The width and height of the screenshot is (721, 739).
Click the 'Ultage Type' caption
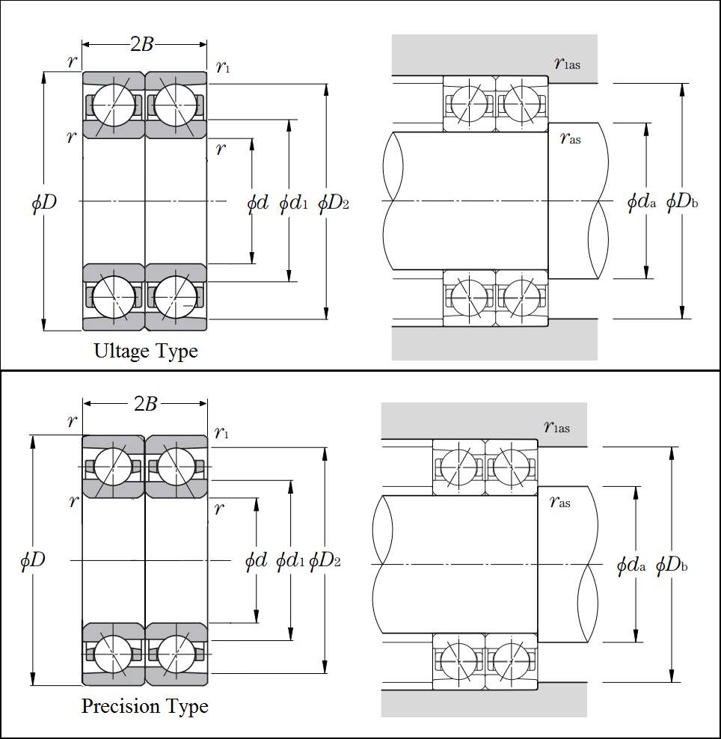point(146,350)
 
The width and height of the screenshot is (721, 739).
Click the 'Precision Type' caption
point(144,706)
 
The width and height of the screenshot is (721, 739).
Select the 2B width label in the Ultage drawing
point(142,44)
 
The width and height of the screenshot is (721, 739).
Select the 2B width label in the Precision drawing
point(145,404)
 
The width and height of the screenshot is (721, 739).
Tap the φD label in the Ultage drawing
point(44,202)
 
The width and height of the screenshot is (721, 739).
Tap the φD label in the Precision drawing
point(33,559)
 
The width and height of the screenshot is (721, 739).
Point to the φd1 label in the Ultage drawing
point(293,203)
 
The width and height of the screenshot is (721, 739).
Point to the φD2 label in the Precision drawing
point(325,560)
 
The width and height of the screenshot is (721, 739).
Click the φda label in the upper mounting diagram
point(641,202)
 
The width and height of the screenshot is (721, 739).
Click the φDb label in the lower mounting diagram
point(672,565)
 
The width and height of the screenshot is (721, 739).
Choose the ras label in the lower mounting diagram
point(559,502)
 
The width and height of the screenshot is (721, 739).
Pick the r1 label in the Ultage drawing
point(223,67)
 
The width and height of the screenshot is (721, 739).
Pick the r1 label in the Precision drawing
point(221,432)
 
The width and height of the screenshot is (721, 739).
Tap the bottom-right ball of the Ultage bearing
point(174,296)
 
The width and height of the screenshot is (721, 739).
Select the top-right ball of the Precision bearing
point(174,467)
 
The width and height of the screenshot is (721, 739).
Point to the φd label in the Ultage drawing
point(257,203)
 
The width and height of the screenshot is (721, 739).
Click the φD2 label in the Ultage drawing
point(334,203)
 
